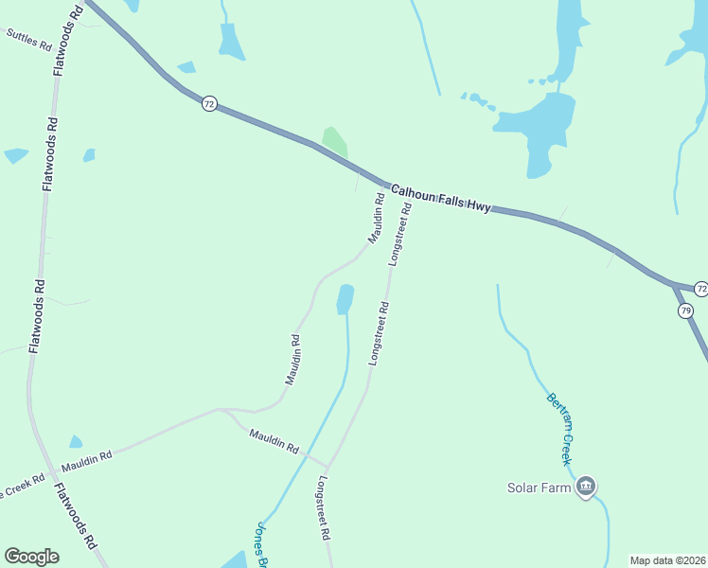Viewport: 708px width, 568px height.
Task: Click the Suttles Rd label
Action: click(x=28, y=39)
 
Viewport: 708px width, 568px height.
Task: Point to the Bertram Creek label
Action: click(x=560, y=429)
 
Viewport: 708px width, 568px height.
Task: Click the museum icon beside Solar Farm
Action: click(x=586, y=487)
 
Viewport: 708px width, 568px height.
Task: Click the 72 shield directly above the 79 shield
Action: click(x=700, y=288)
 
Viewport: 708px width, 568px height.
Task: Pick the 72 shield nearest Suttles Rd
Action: click(x=209, y=103)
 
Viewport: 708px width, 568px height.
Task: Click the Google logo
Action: click(x=31, y=557)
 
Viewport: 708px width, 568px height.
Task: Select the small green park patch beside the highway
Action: click(x=334, y=142)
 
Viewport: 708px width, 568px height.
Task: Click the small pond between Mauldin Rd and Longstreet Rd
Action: click(x=345, y=299)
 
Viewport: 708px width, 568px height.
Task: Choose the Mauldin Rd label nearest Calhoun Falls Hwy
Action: click(x=376, y=220)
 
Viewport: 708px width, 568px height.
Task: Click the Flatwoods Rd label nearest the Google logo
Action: click(x=75, y=517)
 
